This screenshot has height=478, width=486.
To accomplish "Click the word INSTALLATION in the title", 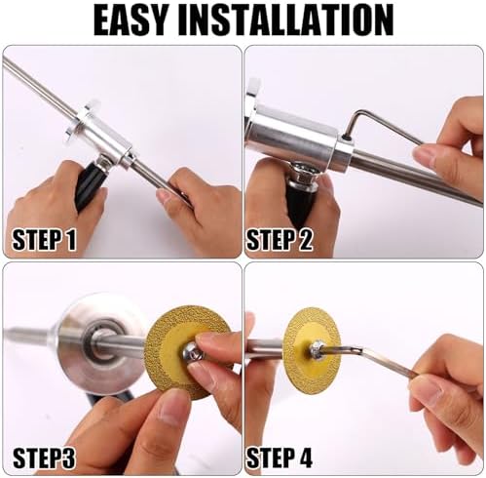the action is coord(286,20).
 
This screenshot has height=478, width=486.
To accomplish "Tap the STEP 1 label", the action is coord(44,240).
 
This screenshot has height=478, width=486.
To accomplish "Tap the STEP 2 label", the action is coord(280,240).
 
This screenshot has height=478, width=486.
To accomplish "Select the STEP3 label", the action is coord(44,458).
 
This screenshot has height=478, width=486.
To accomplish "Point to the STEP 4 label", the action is coord(280,458).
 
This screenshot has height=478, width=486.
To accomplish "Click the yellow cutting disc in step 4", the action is coord(312,351).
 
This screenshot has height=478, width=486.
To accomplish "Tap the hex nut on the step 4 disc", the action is coord(317,350).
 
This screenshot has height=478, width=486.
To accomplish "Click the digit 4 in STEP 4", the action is coord(304,458).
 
